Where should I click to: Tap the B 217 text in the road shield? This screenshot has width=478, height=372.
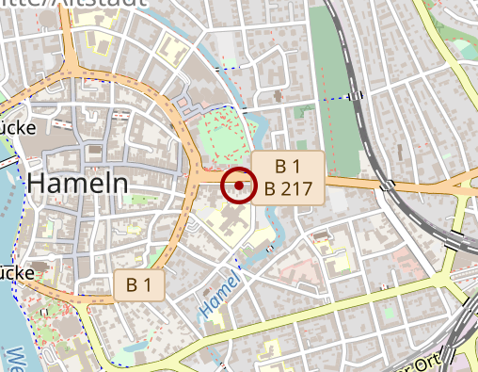coord(288,188)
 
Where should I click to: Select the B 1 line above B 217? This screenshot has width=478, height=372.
coord(288,164)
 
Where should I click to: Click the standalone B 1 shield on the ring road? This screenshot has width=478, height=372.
coord(139,284)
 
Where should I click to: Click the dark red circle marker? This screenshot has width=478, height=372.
coord(239,186)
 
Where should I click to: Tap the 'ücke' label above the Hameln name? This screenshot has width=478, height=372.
coord(17,127)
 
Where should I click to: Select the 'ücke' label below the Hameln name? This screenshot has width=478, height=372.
coord(17,272)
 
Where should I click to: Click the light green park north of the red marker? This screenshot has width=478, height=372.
coord(222,137)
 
